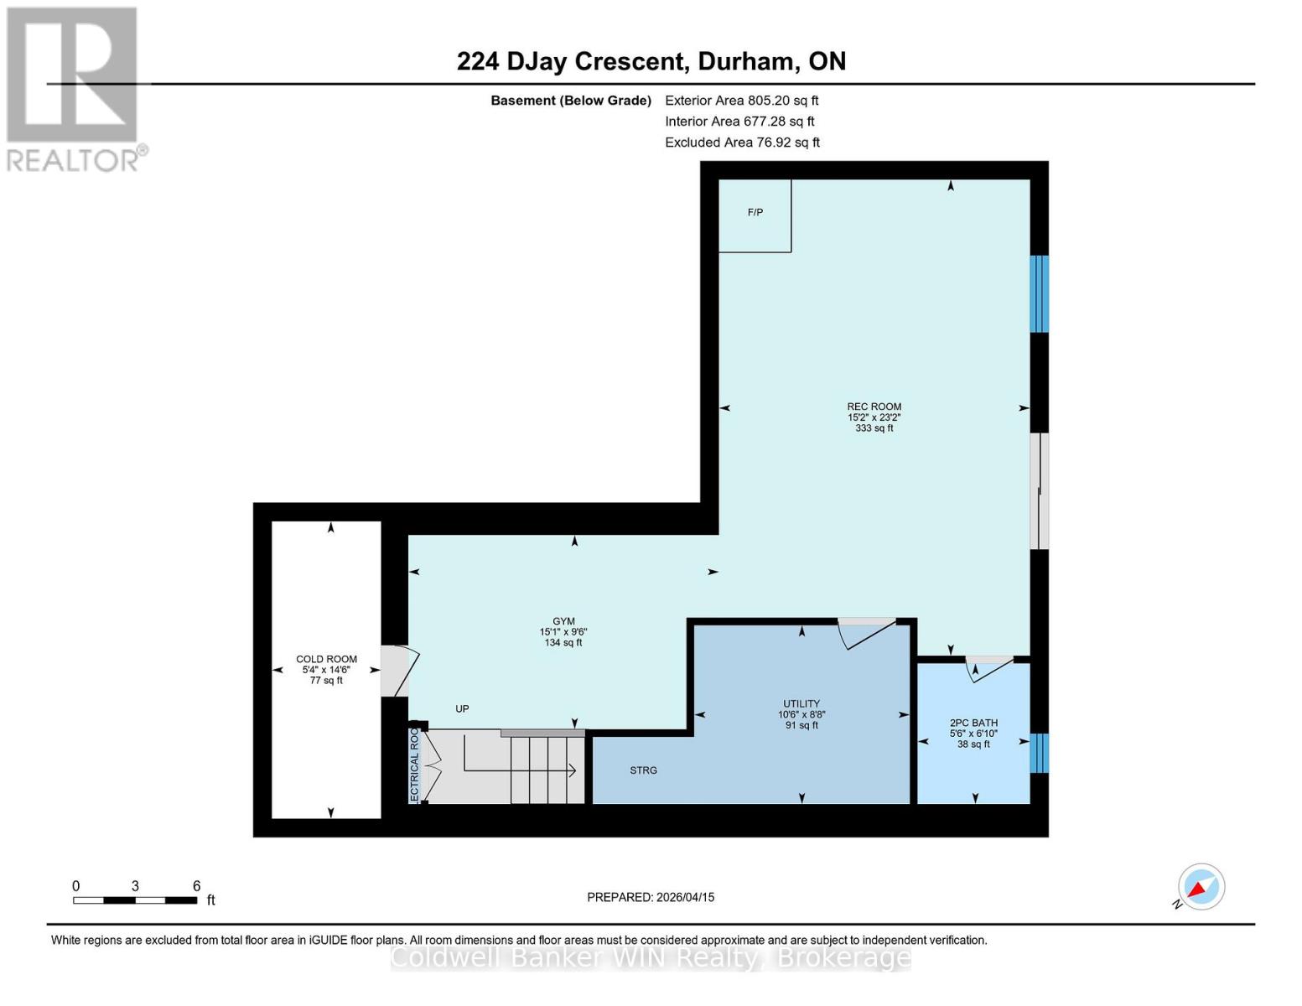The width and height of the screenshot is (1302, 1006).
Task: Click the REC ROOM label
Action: click(x=874, y=407)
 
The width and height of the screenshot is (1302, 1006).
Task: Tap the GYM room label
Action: click(x=563, y=622)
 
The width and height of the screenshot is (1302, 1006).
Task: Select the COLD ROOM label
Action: click(x=326, y=660)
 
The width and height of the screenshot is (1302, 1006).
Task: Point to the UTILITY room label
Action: click(x=801, y=704)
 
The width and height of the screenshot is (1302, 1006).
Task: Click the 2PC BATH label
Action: click(x=973, y=723)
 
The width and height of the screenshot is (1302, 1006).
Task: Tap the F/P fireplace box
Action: click(x=755, y=214)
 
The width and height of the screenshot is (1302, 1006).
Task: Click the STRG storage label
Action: click(x=643, y=770)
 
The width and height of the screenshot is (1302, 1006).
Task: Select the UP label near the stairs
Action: click(x=462, y=709)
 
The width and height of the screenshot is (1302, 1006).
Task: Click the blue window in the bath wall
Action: click(x=1039, y=753)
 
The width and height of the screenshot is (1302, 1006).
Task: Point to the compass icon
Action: click(x=1201, y=887)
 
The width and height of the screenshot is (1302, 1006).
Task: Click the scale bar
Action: click(x=135, y=900)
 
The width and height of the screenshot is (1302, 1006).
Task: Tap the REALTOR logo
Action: click(x=74, y=89)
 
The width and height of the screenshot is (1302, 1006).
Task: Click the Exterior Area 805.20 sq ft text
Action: click(x=741, y=101)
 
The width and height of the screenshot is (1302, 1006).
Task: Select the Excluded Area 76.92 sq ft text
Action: click(x=742, y=143)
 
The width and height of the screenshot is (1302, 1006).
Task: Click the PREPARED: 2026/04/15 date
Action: click(x=651, y=897)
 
